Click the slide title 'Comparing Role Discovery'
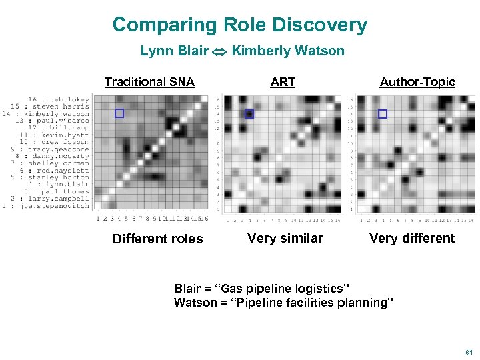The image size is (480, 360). (x=239, y=25)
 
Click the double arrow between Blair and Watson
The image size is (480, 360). (x=220, y=51)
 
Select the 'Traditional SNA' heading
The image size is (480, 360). (x=149, y=82)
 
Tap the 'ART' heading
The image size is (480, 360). (x=283, y=82)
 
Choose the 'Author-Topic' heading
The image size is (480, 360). (x=417, y=82)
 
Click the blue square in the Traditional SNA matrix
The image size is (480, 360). (x=119, y=113)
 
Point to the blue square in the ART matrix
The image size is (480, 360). (x=249, y=114)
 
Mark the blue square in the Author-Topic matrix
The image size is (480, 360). (x=382, y=114)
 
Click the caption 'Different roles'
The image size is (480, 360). (x=157, y=239)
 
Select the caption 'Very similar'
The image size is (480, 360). (x=285, y=239)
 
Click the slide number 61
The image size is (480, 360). (x=467, y=351)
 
